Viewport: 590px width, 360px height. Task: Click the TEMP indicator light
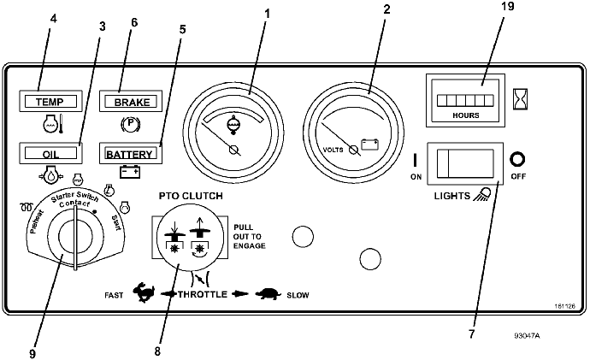click(50, 101)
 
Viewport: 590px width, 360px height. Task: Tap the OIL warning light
click(50, 153)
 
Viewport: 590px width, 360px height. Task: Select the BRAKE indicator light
click(131, 101)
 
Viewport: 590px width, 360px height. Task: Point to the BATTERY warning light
click(131, 153)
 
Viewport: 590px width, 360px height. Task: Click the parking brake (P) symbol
click(131, 123)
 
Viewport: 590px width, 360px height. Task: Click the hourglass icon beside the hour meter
click(521, 99)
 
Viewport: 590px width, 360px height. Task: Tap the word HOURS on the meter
click(466, 115)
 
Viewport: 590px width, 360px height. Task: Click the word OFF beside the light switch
click(518, 176)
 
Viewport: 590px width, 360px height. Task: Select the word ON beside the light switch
click(416, 177)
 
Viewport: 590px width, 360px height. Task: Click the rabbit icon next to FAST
click(145, 292)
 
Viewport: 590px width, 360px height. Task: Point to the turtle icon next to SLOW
click(268, 294)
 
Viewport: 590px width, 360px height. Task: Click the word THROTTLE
click(203, 294)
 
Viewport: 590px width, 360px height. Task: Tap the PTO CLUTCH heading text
click(191, 196)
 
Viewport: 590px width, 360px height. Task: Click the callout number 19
click(508, 6)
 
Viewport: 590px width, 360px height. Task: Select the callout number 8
click(157, 351)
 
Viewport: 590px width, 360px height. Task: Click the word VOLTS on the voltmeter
click(333, 150)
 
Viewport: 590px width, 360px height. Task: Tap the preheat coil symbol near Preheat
click(27, 207)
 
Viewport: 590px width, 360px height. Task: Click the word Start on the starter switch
click(116, 223)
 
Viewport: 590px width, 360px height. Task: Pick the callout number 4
click(53, 19)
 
